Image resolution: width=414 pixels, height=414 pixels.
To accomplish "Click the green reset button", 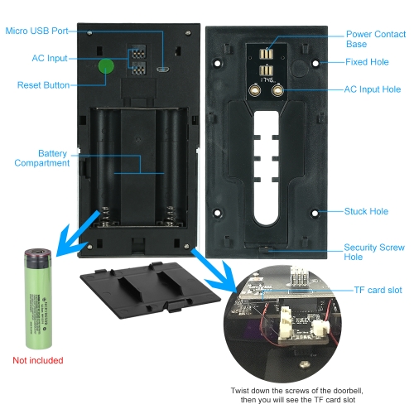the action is pos(106,66).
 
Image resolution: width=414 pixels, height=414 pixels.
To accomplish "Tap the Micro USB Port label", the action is pos(36,31).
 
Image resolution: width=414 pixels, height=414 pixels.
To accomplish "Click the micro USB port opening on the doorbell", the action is pos(163,69).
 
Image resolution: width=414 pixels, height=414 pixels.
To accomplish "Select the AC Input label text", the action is pos(50,58).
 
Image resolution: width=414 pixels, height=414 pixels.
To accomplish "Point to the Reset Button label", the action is pos(43,85).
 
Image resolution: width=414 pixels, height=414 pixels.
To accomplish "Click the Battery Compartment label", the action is pos(42,158).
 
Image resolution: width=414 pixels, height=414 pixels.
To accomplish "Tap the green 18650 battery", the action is pos(38,299).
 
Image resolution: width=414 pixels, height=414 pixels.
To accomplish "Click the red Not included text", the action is pos(38,360).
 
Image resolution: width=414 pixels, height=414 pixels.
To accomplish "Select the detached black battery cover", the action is pos(150,290).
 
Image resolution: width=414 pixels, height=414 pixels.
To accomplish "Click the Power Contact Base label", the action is pos(376,39).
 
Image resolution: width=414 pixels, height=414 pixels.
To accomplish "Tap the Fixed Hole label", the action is pos(367,62).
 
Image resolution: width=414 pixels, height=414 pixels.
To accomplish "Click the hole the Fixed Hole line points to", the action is pos(315,64).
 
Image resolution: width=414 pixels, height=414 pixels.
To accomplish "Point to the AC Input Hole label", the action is pos(373,89).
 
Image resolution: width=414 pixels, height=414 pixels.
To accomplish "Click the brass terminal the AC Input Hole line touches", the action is pos(277,90).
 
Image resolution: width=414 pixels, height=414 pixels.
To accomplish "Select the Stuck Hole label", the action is pos(366,211).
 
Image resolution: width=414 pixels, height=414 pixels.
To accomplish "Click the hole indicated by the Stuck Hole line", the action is pos(315,213).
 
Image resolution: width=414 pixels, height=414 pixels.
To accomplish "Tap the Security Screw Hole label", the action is pos(374,252).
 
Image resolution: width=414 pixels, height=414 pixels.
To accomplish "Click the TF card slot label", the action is pos(378,290).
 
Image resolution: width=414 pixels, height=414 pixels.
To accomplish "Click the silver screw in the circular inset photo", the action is pos(305,364).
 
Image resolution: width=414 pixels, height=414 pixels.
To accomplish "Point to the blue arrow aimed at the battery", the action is pos(76,234).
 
